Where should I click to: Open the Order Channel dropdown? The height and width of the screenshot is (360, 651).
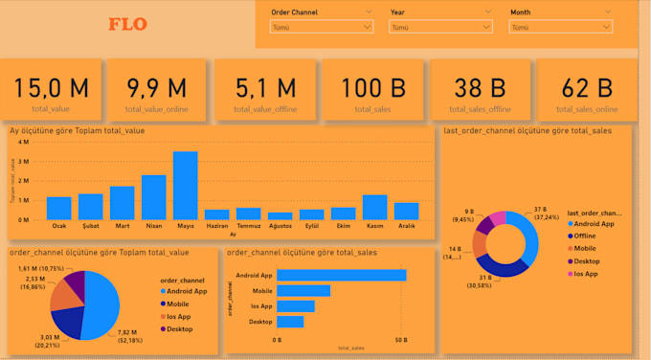[x=322, y=28]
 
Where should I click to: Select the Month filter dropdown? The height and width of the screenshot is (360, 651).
[x=559, y=28]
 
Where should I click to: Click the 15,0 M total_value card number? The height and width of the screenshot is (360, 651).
[x=51, y=88]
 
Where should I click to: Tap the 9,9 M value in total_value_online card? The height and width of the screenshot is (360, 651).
[x=157, y=88]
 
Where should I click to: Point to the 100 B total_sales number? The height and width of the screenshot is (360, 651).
[x=371, y=88]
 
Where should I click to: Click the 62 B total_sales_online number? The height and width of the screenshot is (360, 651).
[x=586, y=88]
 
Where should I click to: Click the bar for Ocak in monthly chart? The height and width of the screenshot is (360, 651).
[x=59, y=208]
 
